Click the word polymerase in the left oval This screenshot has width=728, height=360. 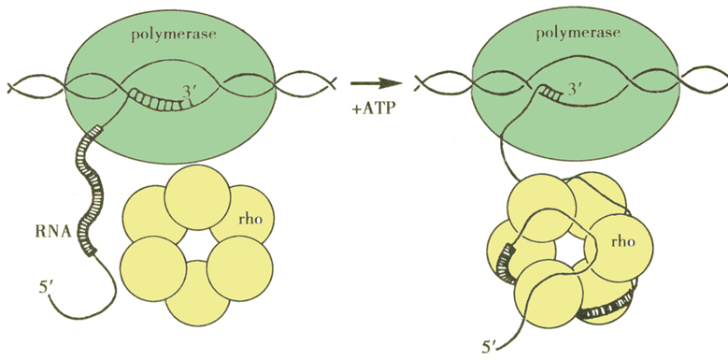click(174, 36)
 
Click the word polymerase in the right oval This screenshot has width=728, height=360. click(578, 34)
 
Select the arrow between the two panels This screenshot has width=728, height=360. click(376, 84)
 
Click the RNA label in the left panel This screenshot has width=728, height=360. click(52, 232)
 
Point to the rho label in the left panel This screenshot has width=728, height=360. click(248, 219)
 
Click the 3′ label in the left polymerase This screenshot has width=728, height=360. click(188, 93)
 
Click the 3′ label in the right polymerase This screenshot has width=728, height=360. click(575, 89)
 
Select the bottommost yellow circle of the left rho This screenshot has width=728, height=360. click(198, 293)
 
